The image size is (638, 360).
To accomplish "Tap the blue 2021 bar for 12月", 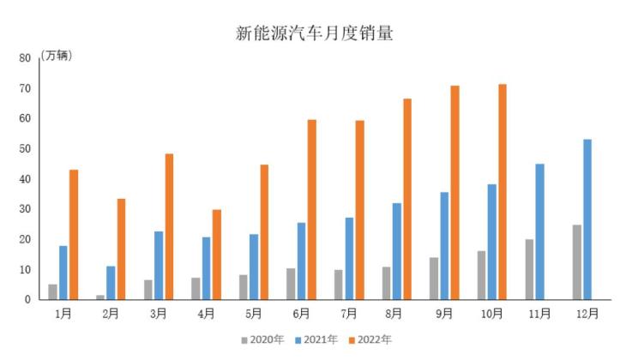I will click(587, 219).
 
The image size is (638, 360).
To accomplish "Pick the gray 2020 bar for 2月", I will click(100, 297).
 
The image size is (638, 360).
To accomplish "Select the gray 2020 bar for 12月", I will click(577, 262).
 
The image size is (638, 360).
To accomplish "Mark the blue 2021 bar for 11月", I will click(539, 231).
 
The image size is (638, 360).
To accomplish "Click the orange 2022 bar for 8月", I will click(407, 199).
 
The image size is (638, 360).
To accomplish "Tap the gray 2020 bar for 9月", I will click(434, 279).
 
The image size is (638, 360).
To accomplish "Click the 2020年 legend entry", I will click(262, 340).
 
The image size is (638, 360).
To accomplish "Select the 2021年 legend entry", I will click(316, 340).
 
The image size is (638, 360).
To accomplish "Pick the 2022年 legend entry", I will click(370, 340).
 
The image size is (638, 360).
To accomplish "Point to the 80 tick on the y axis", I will click(25, 58).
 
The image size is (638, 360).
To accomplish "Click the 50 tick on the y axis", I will click(25, 149).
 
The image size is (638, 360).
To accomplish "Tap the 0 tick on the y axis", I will click(28, 300).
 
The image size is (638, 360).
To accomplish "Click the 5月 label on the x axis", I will click(254, 314).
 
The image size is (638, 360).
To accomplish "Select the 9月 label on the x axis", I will click(444, 314).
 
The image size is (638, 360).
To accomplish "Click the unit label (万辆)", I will click(57, 56).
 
